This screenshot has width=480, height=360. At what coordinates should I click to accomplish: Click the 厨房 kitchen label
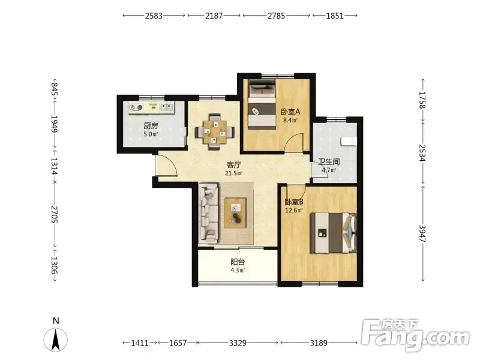coord(151,126)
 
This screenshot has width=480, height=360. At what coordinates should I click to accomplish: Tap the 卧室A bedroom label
coord(290,112)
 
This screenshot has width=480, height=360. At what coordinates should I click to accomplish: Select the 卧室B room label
coord(294,202)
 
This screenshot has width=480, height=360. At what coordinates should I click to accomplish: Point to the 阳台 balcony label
coord(238,262)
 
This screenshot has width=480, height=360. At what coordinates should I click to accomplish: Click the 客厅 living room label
coord(233,165)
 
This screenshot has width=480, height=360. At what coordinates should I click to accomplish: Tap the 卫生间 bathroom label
coord(329,161)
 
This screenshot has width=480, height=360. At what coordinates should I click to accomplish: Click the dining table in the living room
coord(215,132)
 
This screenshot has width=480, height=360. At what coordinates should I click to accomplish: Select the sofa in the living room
coord(209,214)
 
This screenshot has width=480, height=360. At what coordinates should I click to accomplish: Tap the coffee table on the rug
coord(235,213)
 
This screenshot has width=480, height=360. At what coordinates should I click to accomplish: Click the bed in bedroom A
coord(262,104)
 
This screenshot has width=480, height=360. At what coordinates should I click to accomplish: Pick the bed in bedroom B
coord(334,233)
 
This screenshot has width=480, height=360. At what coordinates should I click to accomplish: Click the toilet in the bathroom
coord(349,142)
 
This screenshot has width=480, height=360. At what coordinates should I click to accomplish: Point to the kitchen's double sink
coord(167,107)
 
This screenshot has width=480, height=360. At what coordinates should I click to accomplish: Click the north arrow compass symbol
coord(55,340)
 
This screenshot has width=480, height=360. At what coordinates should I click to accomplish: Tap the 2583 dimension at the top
coord(154,16)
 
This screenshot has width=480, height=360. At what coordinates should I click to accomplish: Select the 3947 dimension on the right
coord(422,233)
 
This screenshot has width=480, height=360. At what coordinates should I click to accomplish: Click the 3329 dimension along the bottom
coord(238,343)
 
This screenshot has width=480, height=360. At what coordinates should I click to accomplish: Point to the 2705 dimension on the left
coord(55,214)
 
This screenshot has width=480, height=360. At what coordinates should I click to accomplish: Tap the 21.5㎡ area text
coord(233,173)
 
